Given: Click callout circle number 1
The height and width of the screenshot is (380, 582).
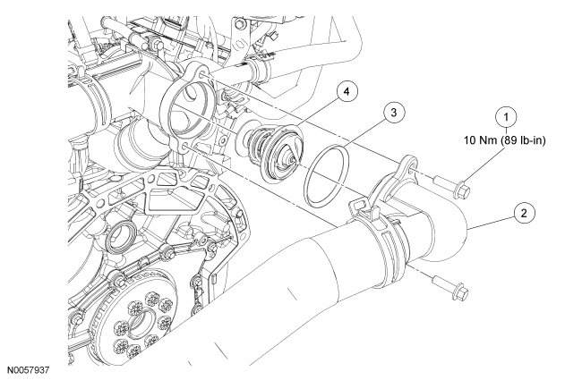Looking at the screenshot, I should pyautogui.click(x=508, y=117).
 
